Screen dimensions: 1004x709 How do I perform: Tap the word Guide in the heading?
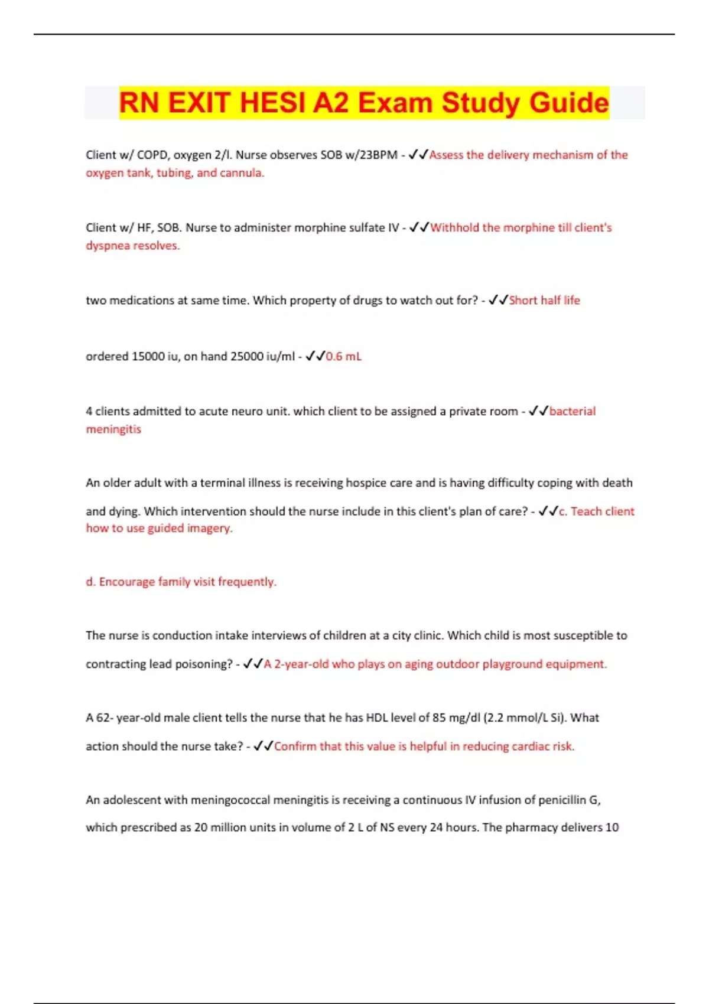pyautogui.click(x=569, y=102)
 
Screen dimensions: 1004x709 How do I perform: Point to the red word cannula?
pyautogui.click(x=242, y=172)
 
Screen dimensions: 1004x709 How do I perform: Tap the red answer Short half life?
pyautogui.click(x=544, y=300)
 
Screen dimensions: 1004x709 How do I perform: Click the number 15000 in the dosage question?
pyautogui.click(x=148, y=356)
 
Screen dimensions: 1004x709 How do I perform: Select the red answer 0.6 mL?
pyautogui.click(x=343, y=356)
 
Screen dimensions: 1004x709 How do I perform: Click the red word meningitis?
pyautogui.click(x=113, y=429)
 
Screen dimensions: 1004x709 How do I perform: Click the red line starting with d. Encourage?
pyautogui.click(x=181, y=582)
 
